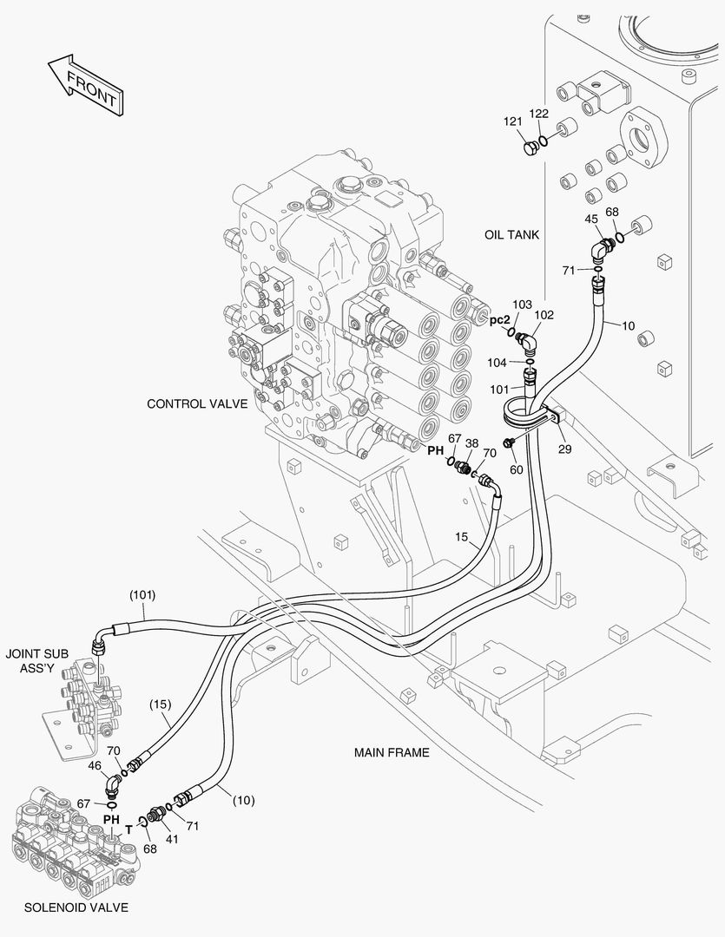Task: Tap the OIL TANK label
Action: pos(512,234)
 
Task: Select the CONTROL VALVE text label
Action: pos(197,403)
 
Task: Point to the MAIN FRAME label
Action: pos(391,752)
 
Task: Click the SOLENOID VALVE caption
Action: pos(76,908)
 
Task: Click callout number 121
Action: pos(513,121)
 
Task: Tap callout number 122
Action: pos(539,114)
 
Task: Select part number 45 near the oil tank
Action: pos(591,219)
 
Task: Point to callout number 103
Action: pos(522,305)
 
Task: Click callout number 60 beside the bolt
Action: pos(517,469)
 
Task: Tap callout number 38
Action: pos(471,442)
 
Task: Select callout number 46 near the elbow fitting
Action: pos(95,766)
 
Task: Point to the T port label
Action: pos(129,829)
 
